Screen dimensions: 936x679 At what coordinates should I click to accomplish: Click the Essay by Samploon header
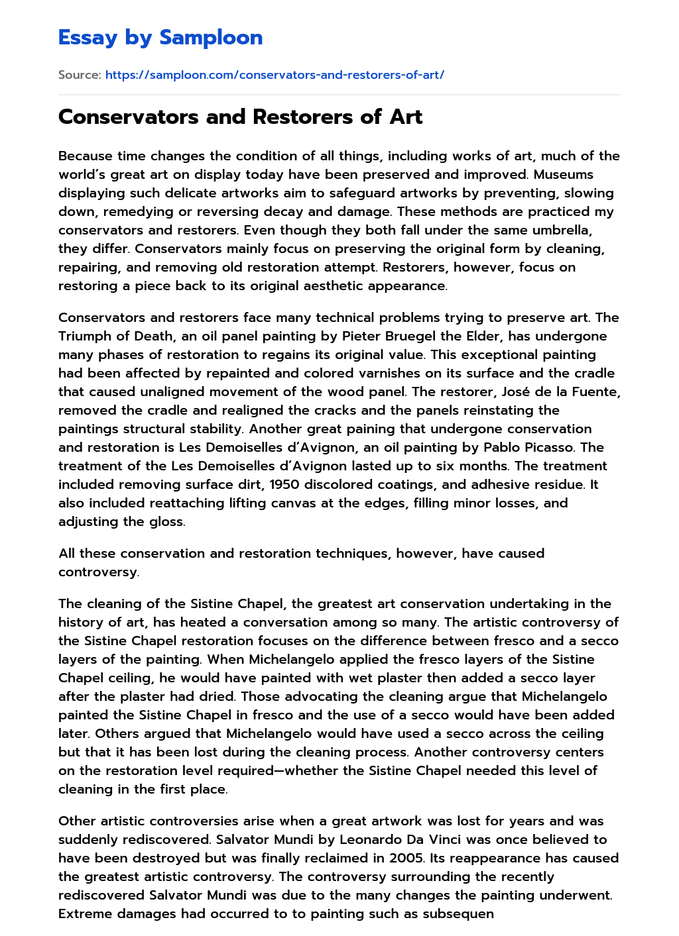160,38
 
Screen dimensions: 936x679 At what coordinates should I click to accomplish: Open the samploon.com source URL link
275,75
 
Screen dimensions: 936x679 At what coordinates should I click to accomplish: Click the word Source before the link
79,75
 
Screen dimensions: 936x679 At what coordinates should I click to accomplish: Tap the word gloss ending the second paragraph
166,522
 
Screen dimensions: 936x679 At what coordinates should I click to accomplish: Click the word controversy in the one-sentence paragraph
98,572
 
